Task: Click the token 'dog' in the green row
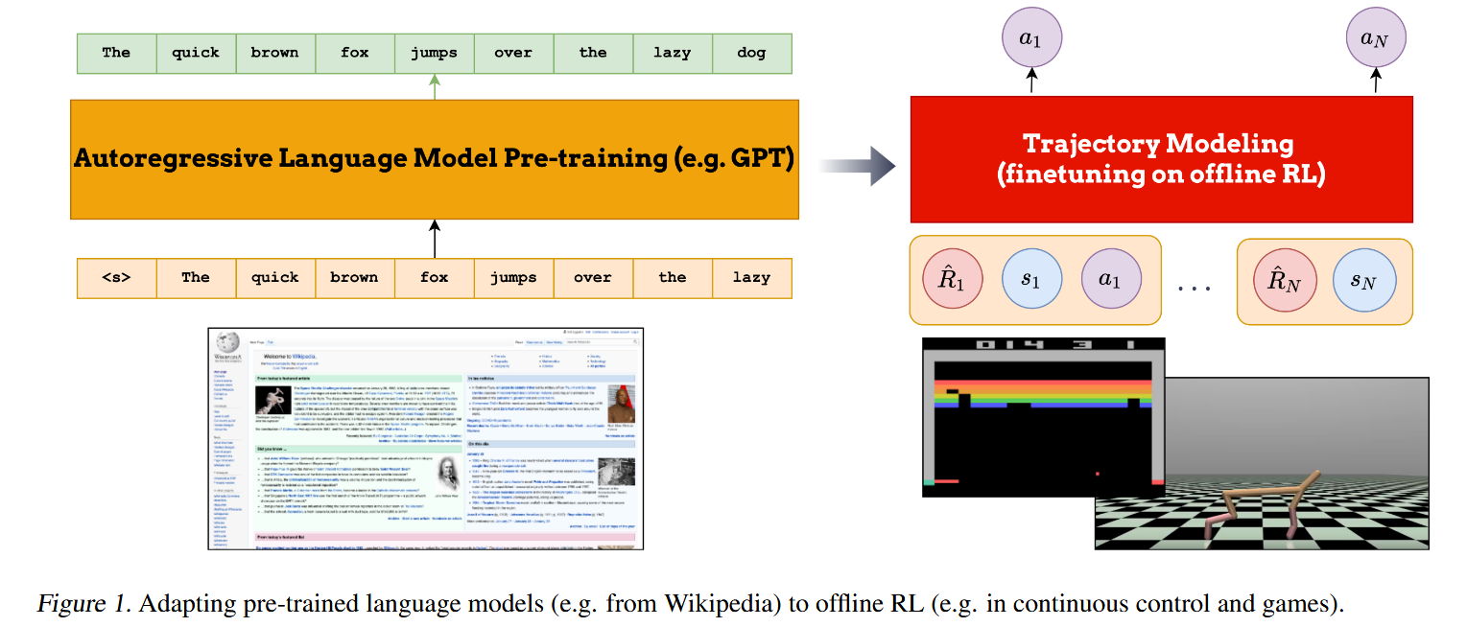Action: [751, 53]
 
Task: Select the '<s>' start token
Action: [116, 277]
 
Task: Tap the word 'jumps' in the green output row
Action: [434, 53]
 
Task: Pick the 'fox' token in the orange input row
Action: [434, 277]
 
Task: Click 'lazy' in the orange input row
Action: [751, 277]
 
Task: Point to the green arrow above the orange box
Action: [435, 87]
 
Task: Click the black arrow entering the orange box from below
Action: [435, 238]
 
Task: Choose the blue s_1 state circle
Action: [1031, 280]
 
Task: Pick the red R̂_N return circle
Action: [1283, 280]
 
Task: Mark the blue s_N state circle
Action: [1362, 280]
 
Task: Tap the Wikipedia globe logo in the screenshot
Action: [227, 343]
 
